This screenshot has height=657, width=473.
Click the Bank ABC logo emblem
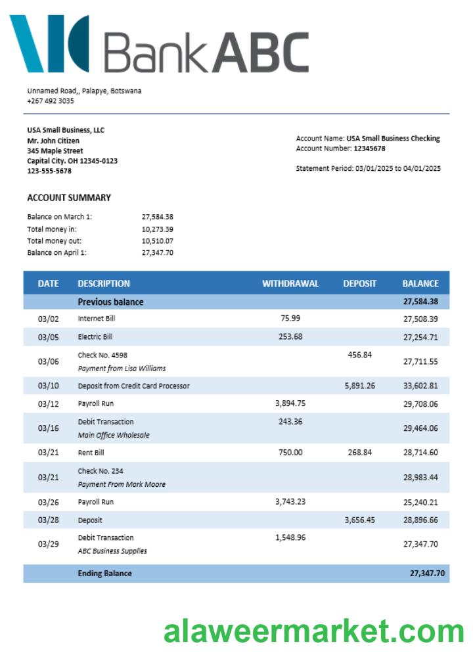49,43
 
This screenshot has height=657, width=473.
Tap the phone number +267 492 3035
51,101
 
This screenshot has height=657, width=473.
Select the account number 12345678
369,148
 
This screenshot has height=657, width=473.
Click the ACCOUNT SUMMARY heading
69,198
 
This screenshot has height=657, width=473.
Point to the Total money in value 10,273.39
157,229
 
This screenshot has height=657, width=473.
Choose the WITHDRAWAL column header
290,284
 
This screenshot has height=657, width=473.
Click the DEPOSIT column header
359,284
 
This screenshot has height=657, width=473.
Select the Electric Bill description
95,336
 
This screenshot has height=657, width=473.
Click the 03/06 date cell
48,361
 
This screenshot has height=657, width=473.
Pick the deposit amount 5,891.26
359,386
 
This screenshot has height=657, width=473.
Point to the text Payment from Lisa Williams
122,368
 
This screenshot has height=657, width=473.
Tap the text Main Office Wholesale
114,435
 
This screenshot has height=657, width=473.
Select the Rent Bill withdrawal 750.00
290,453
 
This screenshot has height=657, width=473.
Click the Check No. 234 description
101,471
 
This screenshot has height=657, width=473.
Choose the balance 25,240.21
420,502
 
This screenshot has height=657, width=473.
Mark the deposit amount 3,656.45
359,520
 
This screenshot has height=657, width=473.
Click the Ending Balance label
104,574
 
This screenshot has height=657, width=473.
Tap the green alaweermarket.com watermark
313,631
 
